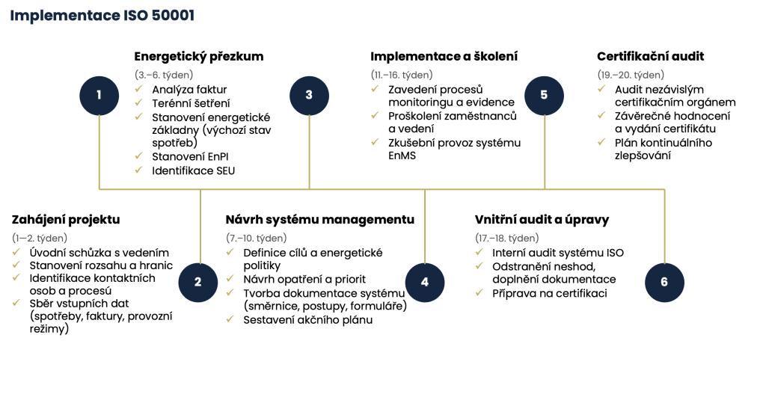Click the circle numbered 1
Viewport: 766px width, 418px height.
[x=99, y=95]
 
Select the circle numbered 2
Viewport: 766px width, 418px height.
[x=197, y=282]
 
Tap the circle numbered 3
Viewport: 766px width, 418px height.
[x=309, y=95]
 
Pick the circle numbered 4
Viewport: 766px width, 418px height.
[x=425, y=282]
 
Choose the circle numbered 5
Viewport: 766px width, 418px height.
[x=544, y=95]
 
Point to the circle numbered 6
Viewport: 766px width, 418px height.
[x=664, y=282]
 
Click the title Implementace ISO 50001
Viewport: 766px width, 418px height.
[x=102, y=16]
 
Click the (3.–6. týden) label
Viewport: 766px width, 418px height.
[x=164, y=75]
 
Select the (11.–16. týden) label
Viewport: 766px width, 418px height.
[x=402, y=75]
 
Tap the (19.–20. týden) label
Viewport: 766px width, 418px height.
[x=631, y=75]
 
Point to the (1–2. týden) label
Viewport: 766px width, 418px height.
[x=40, y=238]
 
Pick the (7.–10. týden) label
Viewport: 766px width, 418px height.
[x=257, y=238]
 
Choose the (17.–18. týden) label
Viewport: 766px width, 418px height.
[x=507, y=238]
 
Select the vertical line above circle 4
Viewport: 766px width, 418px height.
[x=425, y=225]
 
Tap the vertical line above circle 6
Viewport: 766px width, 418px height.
[x=664, y=225]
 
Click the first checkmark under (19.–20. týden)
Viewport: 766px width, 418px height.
[x=601, y=89]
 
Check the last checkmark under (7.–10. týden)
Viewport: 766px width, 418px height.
[x=230, y=319]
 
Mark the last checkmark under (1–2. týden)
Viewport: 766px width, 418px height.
[x=16, y=303]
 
